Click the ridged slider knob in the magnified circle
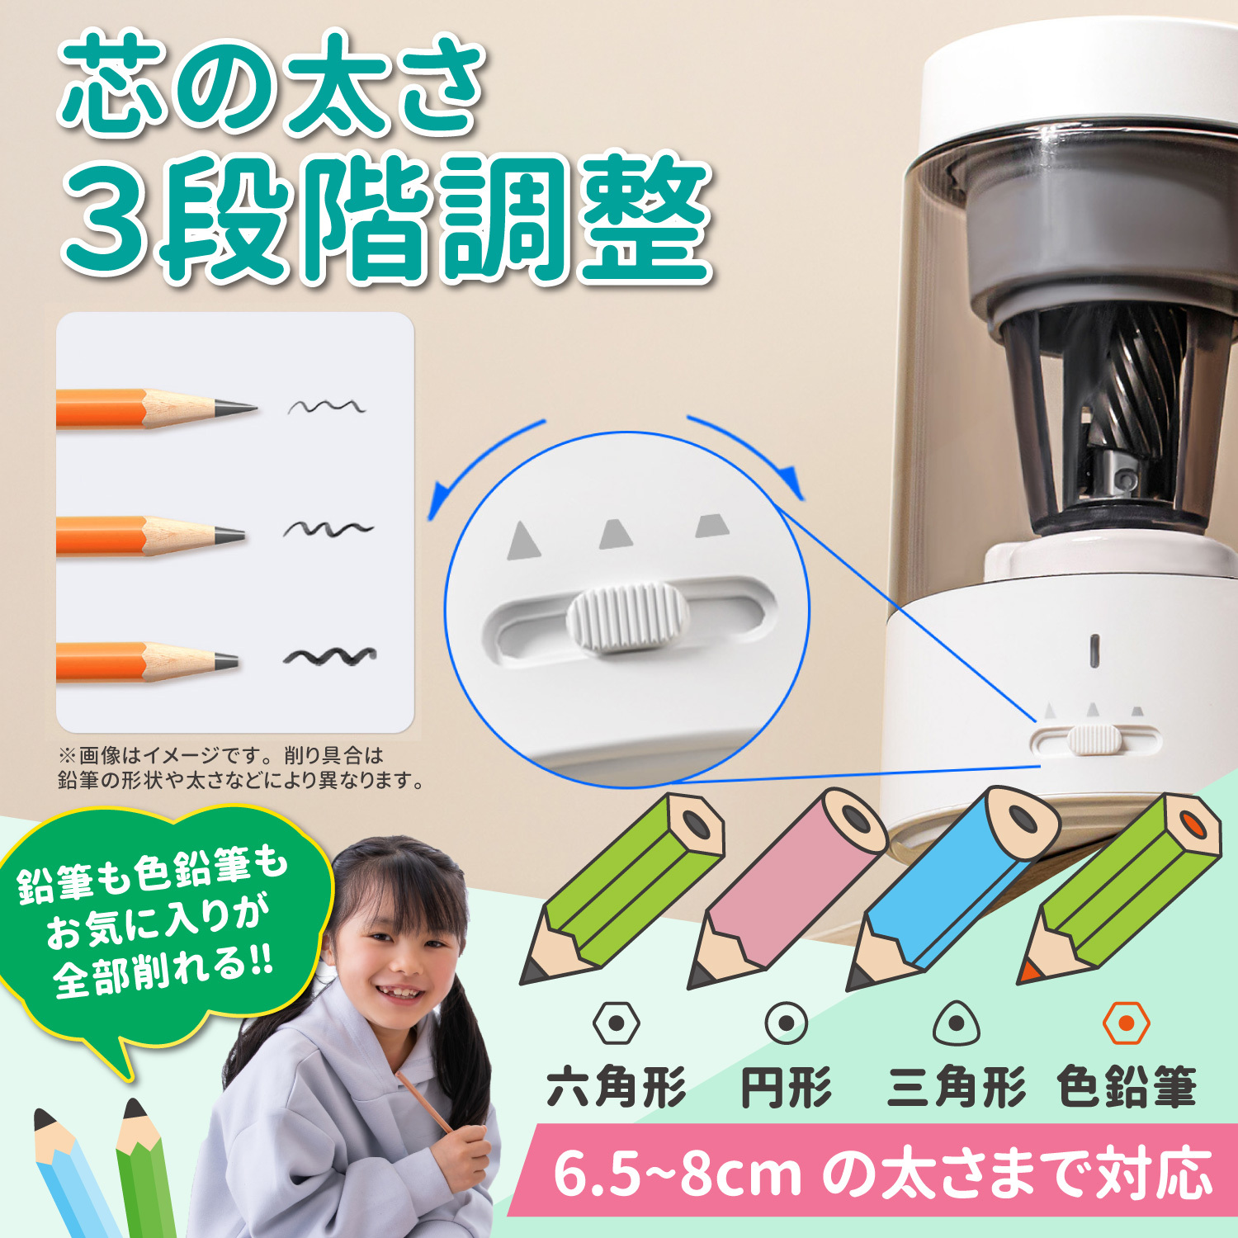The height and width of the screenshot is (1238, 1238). [628, 619]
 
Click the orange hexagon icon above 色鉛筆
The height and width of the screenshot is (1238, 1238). [1126, 1023]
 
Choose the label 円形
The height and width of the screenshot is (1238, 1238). [787, 1087]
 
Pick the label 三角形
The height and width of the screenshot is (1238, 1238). [957, 1087]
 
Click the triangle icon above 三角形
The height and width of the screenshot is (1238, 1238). [957, 1024]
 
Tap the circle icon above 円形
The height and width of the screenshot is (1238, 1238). [786, 1023]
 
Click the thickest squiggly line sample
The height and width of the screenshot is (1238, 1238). [330, 657]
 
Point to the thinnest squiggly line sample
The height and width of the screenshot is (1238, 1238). [327, 406]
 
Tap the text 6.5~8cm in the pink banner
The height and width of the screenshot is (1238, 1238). [677, 1173]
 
